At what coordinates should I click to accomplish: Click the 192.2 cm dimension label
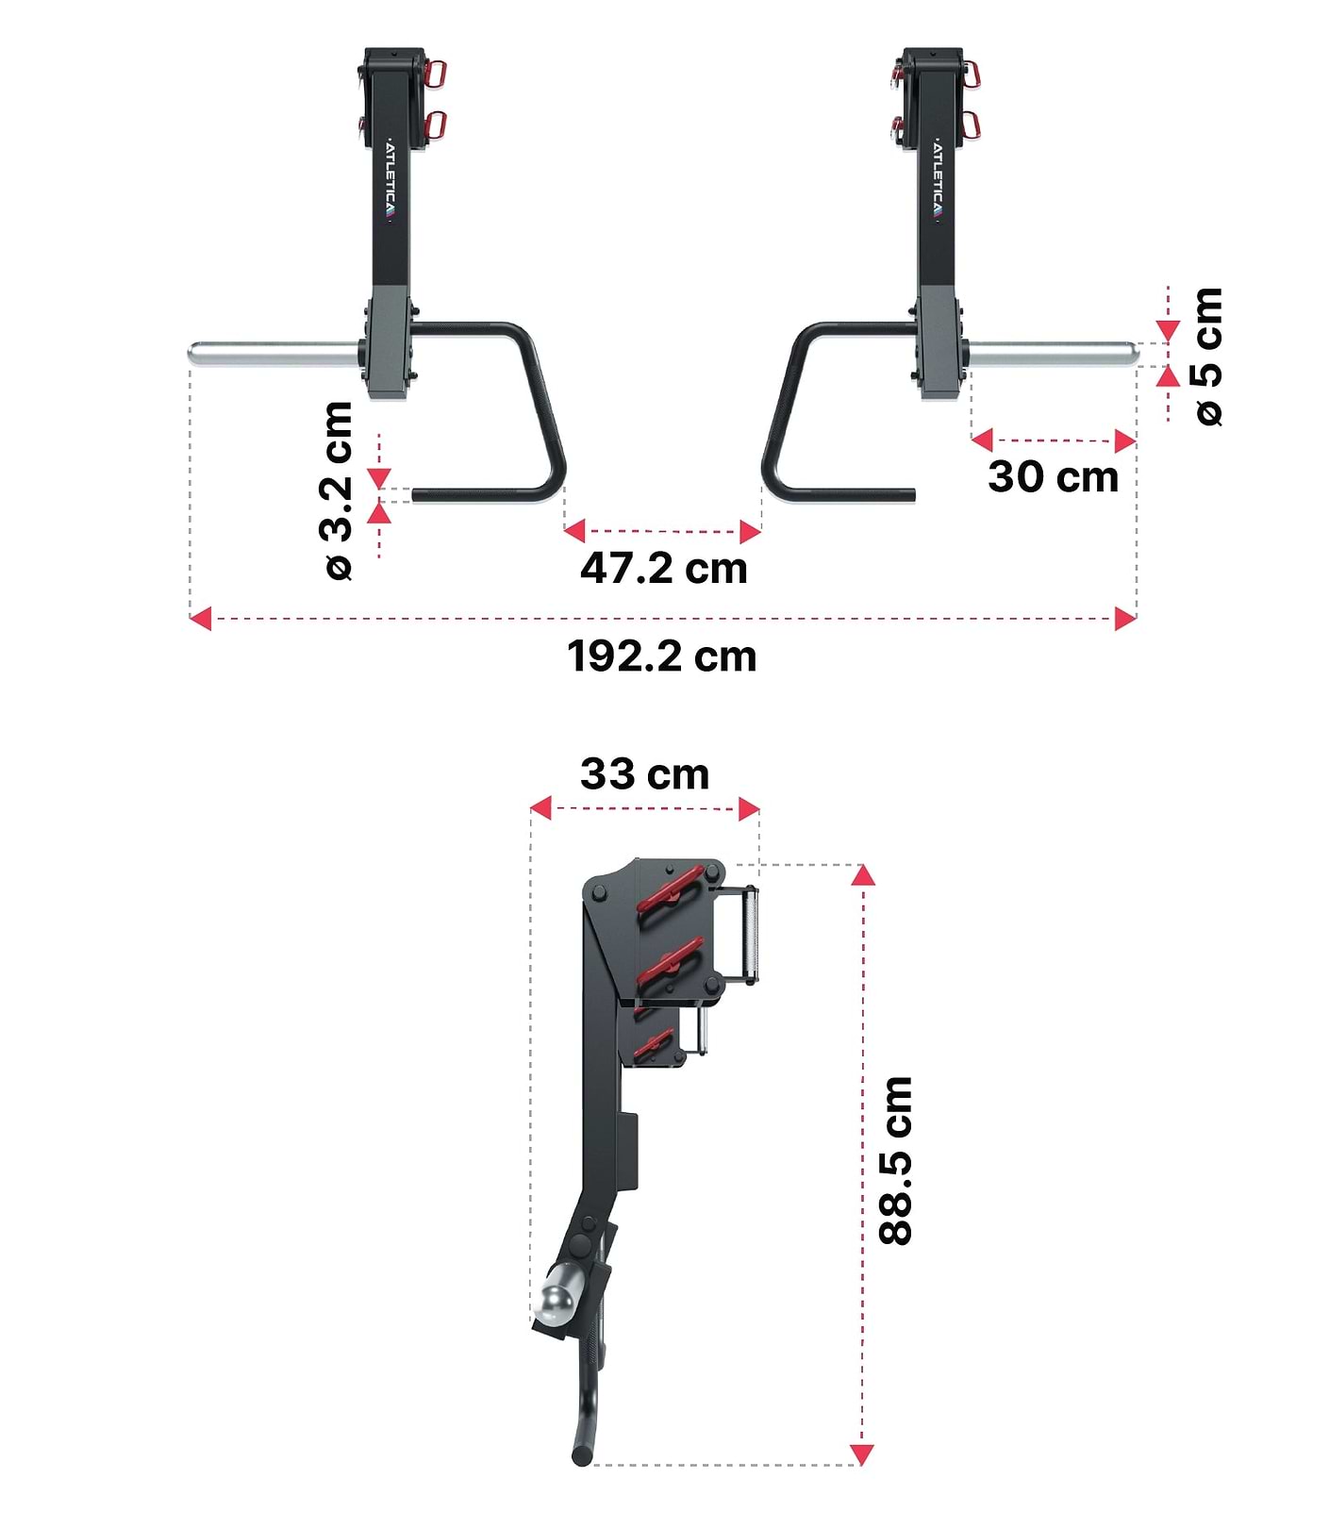pyautogui.click(x=661, y=656)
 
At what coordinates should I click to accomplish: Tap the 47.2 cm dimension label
pyautogui.click(x=663, y=568)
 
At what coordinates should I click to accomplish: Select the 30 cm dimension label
pyautogui.click(x=1053, y=476)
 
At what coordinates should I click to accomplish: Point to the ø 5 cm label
pyautogui.click(x=1208, y=357)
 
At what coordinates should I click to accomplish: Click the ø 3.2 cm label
pyautogui.click(x=338, y=490)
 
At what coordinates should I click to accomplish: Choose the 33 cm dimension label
pyautogui.click(x=644, y=774)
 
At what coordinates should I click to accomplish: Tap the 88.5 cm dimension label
pyautogui.click(x=896, y=1160)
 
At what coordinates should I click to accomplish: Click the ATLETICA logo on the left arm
pyautogui.click(x=391, y=182)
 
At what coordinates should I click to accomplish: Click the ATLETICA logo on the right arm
pyautogui.click(x=938, y=182)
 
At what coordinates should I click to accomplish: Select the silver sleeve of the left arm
pyautogui.click(x=274, y=355)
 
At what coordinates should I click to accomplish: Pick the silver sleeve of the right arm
pyautogui.click(x=1052, y=355)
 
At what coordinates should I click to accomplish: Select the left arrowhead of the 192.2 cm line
pyautogui.click(x=199, y=620)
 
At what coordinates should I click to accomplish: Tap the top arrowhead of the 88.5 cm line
pyautogui.click(x=862, y=874)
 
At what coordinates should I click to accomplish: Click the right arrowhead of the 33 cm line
pyautogui.click(x=749, y=808)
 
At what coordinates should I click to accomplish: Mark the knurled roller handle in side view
pyautogui.click(x=750, y=934)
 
